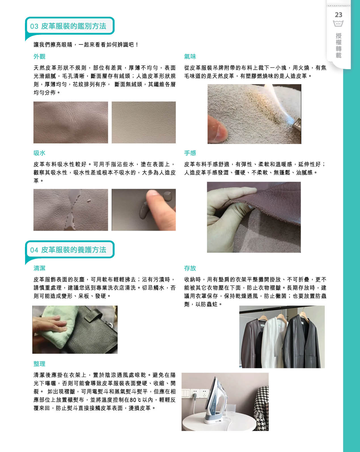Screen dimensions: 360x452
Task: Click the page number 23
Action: (x=338, y=15)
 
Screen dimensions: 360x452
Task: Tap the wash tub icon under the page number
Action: (x=338, y=23)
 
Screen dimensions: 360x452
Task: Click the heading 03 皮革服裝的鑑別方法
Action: (x=68, y=26)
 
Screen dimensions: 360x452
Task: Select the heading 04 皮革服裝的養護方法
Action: (x=68, y=250)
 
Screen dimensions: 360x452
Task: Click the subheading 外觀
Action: (x=39, y=56)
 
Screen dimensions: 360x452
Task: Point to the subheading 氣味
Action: (x=190, y=56)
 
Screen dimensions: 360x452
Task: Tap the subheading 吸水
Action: (x=39, y=153)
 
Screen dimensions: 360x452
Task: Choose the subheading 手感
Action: (x=190, y=153)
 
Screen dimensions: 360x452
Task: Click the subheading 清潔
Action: (x=39, y=268)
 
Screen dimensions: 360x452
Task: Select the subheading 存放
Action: (x=190, y=268)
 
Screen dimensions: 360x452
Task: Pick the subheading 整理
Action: (x=39, y=364)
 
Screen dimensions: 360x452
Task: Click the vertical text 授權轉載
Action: (x=338, y=45)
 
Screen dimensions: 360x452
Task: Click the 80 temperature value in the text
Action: (x=133, y=400)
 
